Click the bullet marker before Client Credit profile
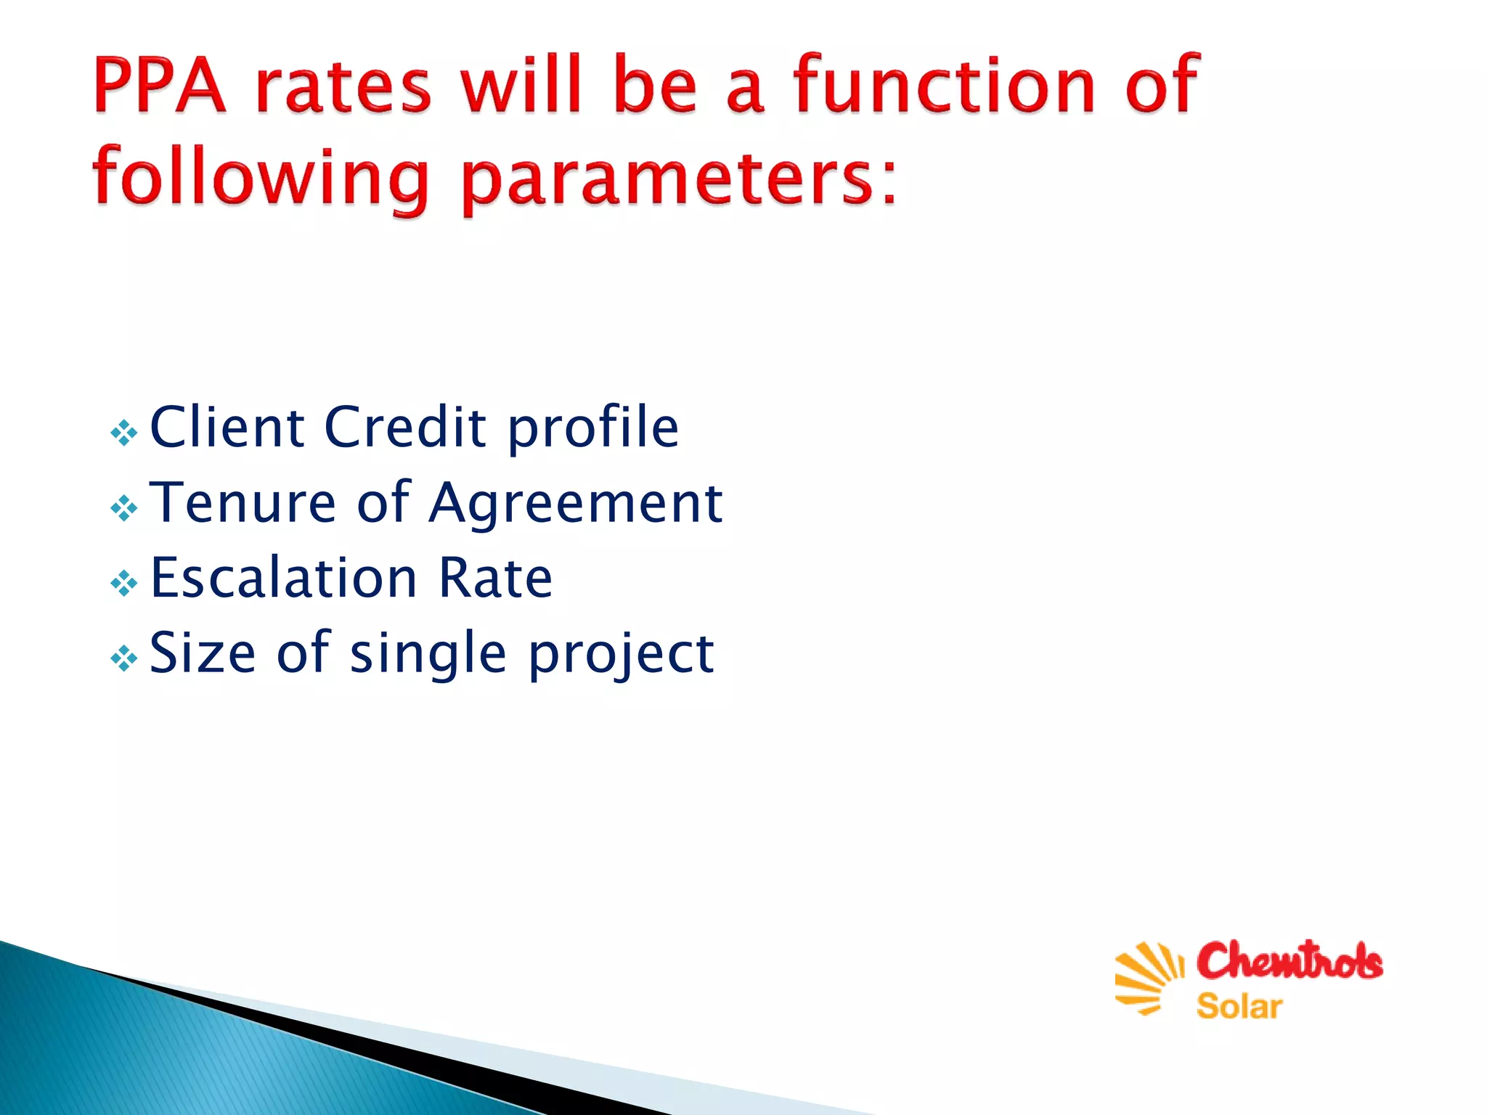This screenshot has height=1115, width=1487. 123,433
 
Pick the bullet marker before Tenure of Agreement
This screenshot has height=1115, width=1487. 123,508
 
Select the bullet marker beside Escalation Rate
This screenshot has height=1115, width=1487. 123,583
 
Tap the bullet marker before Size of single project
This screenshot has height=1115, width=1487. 123,658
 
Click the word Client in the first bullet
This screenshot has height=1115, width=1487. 227,427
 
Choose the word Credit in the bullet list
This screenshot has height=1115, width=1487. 405,427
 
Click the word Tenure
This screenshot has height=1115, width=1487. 243,502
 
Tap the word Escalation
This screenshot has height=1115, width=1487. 283,578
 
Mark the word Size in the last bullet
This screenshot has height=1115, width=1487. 203,653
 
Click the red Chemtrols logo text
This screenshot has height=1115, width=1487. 1290,961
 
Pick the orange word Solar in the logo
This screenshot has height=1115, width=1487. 1239,1007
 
